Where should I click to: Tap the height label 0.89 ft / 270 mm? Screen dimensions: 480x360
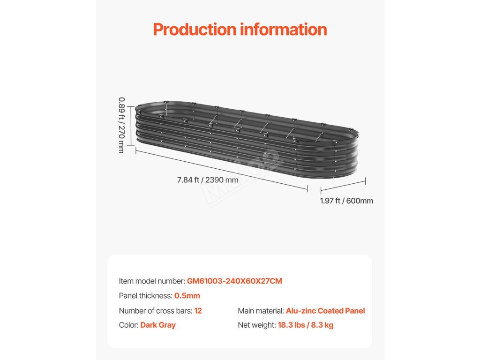[x=121, y=125]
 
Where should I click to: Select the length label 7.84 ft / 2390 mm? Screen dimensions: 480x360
[x=208, y=180]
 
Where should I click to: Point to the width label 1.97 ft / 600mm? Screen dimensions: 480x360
[x=346, y=201]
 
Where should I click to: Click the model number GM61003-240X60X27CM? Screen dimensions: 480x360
[x=234, y=281]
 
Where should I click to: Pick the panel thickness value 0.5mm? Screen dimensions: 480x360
[x=187, y=296]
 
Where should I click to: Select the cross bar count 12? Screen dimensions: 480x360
[x=198, y=311]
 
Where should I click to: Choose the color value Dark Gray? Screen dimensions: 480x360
[x=157, y=325]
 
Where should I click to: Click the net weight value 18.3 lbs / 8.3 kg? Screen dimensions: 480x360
[x=306, y=325]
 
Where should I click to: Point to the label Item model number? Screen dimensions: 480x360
[x=152, y=281]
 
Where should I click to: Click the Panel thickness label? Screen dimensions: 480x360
[x=145, y=296]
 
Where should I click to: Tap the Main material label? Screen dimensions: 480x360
[x=261, y=311]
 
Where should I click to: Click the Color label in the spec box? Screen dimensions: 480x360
[x=128, y=325]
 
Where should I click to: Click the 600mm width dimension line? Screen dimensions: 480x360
[x=343, y=185]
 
